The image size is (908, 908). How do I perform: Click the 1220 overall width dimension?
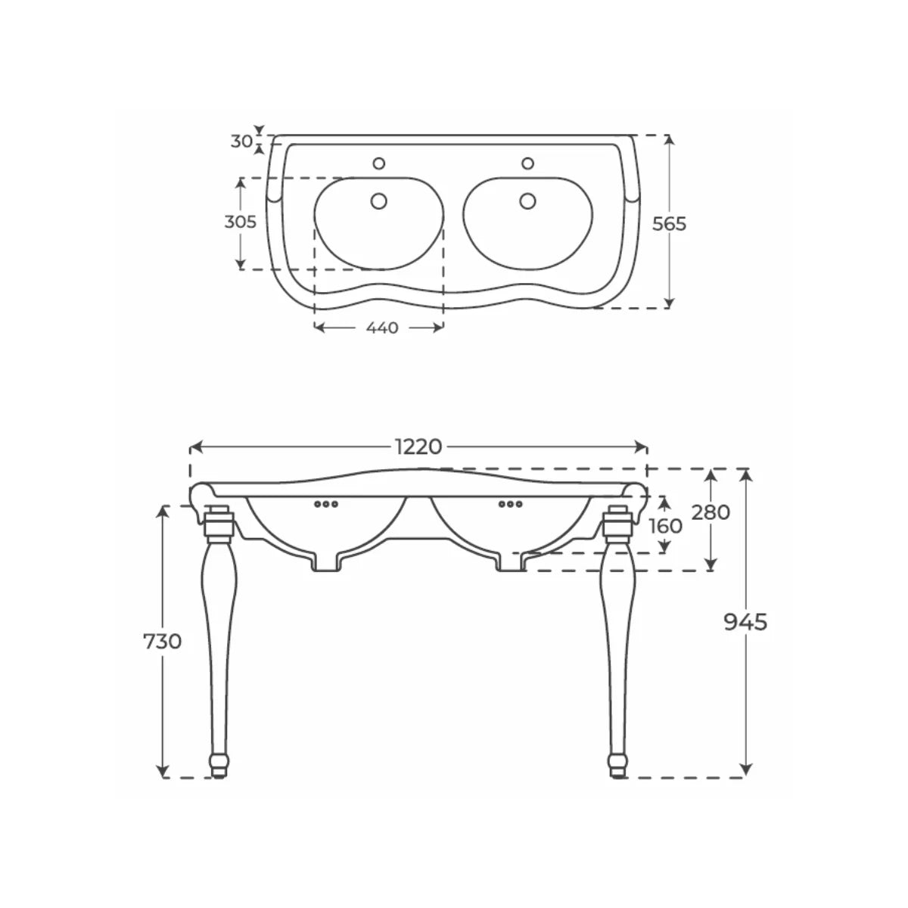click(418, 446)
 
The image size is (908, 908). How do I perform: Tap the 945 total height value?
click(745, 623)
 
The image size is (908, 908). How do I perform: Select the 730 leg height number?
click(162, 642)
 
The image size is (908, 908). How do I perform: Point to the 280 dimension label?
click(711, 512)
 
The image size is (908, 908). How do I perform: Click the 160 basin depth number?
click(665, 526)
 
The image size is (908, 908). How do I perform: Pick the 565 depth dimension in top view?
click(669, 224)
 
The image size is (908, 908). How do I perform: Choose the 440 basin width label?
click(382, 328)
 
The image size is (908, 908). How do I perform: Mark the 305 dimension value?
click(241, 222)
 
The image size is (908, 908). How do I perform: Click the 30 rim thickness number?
click(241, 141)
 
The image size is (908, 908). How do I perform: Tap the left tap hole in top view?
click(379, 163)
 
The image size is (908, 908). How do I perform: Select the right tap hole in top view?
click(527, 163)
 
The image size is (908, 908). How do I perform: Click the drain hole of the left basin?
click(379, 201)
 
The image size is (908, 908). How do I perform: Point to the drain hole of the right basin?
click(527, 201)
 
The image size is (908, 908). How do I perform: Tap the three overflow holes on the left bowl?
click(326, 504)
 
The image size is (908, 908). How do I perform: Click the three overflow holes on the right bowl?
click(510, 504)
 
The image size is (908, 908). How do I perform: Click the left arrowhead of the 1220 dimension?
click(195, 446)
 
